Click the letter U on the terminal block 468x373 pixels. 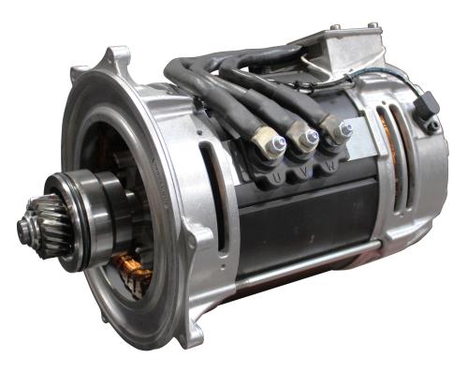[277, 178]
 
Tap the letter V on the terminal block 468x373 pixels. [301, 172]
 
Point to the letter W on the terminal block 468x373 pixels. [330, 166]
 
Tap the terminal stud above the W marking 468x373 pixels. [345, 128]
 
